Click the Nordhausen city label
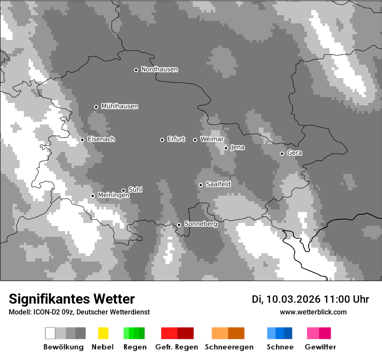159,69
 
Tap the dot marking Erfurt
162,140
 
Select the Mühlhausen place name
119,106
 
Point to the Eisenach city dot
82,140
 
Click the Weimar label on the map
212,139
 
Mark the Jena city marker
226,148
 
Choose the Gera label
294,153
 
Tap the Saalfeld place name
218,184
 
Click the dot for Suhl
123,190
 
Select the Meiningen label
113,196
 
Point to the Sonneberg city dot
179,225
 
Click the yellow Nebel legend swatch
103,333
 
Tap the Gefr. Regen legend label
177,347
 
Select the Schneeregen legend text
229,347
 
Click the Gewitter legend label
320,347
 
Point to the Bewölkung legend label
63,347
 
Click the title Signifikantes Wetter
72,299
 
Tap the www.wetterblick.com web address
313,312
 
